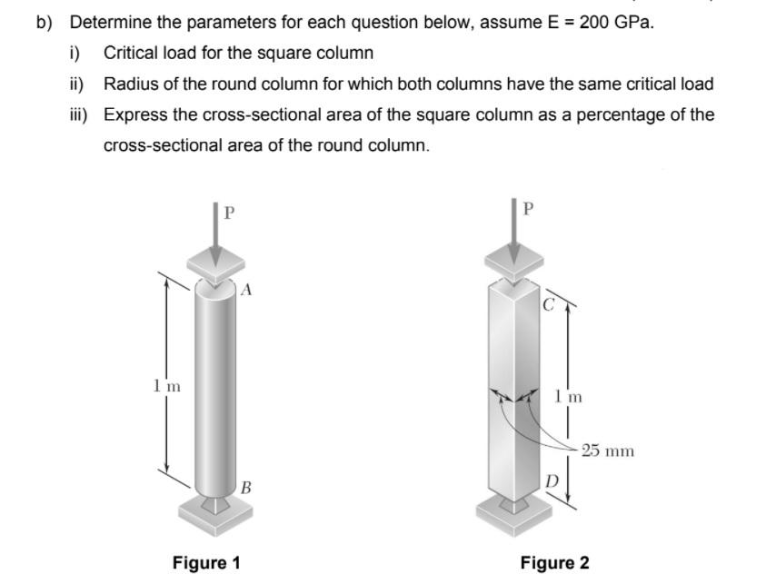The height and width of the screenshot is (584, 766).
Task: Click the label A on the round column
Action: tap(246, 291)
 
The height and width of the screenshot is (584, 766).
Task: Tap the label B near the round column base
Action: tap(246, 487)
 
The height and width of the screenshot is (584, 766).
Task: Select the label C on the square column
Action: tap(547, 305)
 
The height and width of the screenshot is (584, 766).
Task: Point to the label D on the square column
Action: tap(550, 479)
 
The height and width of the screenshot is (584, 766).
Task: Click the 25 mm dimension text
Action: tap(608, 450)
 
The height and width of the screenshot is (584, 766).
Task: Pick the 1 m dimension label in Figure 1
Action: tap(166, 386)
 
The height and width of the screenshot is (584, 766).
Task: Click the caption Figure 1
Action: tap(206, 562)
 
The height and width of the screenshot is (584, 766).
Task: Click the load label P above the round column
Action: tap(229, 213)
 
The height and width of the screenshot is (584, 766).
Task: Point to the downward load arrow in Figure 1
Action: tap(215, 236)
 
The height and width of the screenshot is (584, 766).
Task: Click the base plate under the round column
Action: tap(215, 514)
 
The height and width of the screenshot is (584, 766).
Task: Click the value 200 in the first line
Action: tap(595, 22)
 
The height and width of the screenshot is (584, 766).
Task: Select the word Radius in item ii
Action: tap(130, 84)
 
